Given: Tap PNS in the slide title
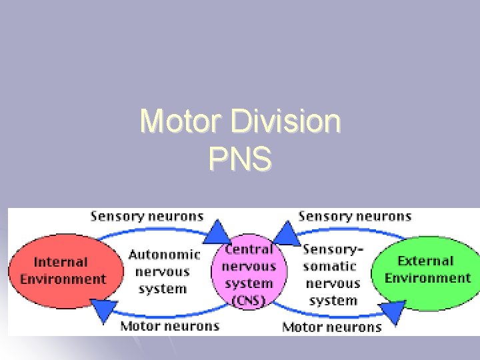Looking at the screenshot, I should coord(240,160).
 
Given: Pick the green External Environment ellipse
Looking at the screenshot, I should coord(427,269).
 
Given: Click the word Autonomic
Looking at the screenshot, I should coord(164,255).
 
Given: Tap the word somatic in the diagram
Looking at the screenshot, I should coord(329,266).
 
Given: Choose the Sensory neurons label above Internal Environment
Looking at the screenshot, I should coord(147,215).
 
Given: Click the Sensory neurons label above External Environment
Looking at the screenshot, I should coord(355,215).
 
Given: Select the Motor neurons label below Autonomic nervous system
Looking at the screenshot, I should coord(170,326).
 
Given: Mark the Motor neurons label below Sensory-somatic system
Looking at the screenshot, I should coord(332,327).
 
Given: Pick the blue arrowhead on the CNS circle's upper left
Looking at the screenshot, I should coord(217,231).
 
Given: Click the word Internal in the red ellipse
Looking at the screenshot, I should coord(61,262).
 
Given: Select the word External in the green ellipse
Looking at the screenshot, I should coord(425,261).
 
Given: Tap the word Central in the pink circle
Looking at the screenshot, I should coord(250,249).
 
